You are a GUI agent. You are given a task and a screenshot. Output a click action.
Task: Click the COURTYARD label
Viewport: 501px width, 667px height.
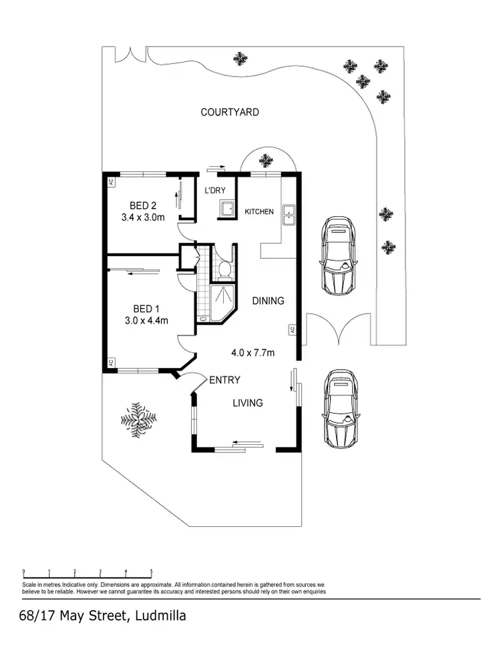pyautogui.click(x=230, y=112)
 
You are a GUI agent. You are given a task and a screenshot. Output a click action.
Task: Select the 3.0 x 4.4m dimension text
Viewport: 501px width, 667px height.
pyautogui.click(x=146, y=320)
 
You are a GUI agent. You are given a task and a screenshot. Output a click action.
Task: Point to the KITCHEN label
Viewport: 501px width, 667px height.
pyautogui.click(x=259, y=211)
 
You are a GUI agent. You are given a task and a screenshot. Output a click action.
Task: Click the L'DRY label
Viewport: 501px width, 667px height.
pyautogui.click(x=215, y=191)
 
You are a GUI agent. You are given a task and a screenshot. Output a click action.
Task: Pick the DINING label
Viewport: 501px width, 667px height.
pyautogui.click(x=268, y=301)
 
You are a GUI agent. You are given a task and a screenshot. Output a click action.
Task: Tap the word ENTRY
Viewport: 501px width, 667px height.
pyautogui.click(x=224, y=380)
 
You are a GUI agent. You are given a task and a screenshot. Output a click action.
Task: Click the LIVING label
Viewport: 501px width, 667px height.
pyautogui.click(x=247, y=403)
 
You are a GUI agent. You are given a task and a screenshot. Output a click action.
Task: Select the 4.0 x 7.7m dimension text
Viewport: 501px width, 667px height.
pyautogui.click(x=253, y=353)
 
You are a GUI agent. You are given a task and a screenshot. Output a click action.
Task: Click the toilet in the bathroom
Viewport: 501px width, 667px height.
pyautogui.click(x=224, y=269)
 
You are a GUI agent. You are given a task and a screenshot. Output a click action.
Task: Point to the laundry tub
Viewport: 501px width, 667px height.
pyautogui.click(x=226, y=209)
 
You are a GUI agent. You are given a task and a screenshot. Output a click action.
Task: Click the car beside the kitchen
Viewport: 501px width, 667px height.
pyautogui.click(x=338, y=255)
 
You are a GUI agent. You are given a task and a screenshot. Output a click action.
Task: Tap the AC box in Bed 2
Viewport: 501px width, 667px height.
pyautogui.click(x=111, y=181)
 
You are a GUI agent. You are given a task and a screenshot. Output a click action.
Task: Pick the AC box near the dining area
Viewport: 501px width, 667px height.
pyautogui.click(x=293, y=329)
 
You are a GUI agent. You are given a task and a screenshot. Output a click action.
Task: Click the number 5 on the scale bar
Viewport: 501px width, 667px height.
pyautogui.click(x=152, y=571)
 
